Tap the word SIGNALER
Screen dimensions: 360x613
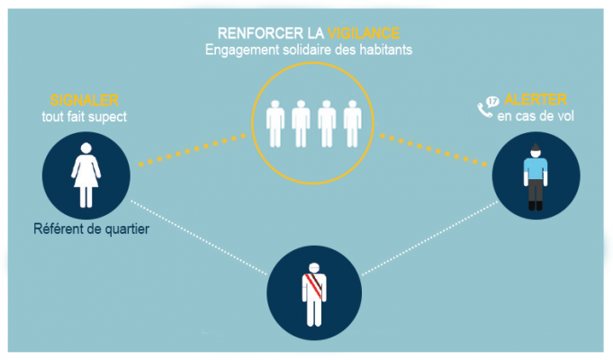point(86,100)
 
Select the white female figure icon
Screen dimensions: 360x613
point(88,171)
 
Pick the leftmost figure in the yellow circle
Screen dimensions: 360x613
point(277,122)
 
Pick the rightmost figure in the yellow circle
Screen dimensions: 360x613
point(354,122)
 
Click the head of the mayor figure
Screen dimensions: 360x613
point(313,267)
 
